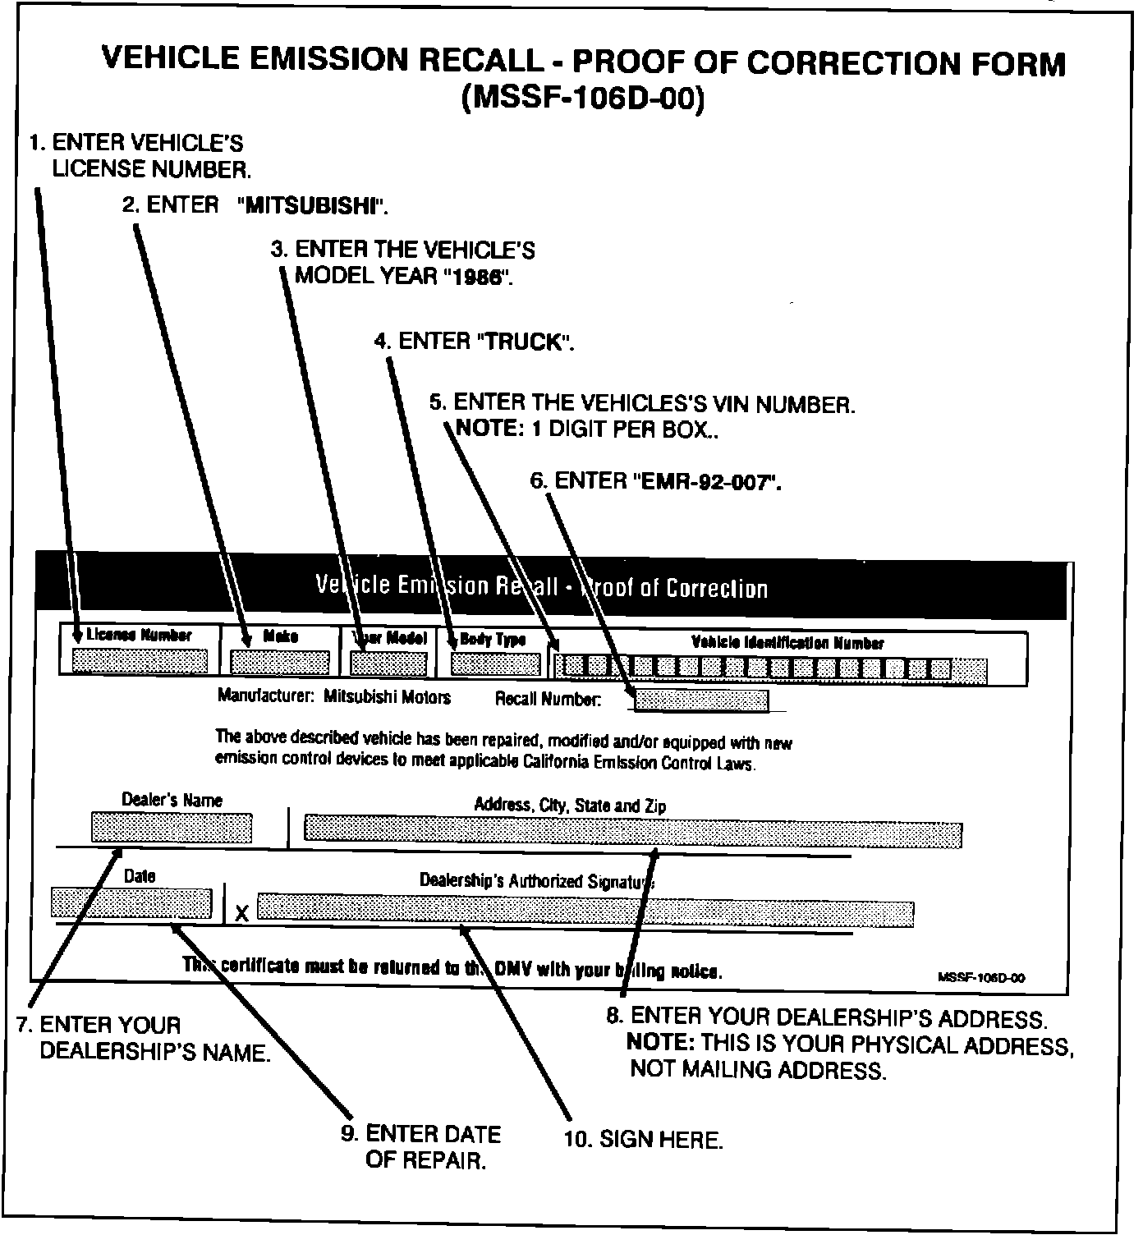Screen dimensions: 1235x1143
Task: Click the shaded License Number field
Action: pos(140,661)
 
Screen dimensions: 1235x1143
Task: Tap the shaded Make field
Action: pos(280,663)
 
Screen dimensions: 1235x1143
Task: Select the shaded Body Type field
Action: pos(496,663)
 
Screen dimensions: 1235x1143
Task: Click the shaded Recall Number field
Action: pos(702,700)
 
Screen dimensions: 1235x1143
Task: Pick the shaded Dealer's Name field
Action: pos(171,828)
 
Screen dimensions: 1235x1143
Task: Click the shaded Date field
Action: pos(131,903)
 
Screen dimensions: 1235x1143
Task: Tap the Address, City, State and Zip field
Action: pos(632,830)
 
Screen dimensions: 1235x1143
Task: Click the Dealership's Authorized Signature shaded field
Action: pos(585,909)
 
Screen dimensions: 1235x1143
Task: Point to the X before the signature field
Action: pos(242,913)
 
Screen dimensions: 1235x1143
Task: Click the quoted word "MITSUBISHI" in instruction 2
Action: pos(312,205)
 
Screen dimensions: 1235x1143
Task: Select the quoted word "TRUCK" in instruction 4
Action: pos(522,342)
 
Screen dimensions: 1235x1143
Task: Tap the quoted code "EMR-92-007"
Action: pos(707,481)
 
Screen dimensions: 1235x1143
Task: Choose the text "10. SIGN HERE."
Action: pos(643,1140)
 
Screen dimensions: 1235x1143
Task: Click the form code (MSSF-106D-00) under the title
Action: pos(583,99)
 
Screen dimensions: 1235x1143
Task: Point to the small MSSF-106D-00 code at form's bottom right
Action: pos(981,977)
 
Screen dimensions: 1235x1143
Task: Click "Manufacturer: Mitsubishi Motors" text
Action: pos(334,697)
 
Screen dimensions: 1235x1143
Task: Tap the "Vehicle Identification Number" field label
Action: pos(787,643)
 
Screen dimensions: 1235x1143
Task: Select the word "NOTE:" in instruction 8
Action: pos(660,1044)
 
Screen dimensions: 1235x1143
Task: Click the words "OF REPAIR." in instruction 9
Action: pos(425,1161)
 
